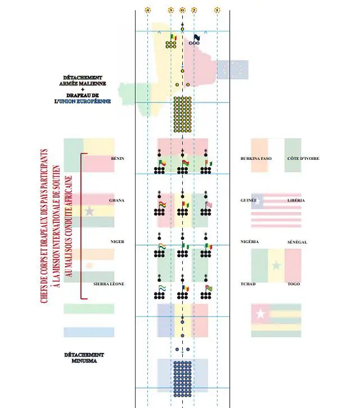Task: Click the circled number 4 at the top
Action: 147,10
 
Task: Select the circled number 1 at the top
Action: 218,10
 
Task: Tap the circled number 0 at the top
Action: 182,10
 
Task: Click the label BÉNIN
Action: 118,159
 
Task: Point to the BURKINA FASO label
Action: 256,159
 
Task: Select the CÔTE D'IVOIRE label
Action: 303,159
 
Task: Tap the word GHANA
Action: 116,200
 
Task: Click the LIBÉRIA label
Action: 296,200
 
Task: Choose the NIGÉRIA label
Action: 249,242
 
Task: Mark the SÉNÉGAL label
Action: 296,242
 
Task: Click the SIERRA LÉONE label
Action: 109,284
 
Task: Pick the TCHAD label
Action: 248,284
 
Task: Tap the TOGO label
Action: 294,284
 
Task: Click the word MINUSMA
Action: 83,361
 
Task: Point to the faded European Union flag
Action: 232,69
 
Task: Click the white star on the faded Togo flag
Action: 260,313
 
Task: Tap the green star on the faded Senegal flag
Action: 276,265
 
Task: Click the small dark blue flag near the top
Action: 197,38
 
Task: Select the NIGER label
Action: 117,242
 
